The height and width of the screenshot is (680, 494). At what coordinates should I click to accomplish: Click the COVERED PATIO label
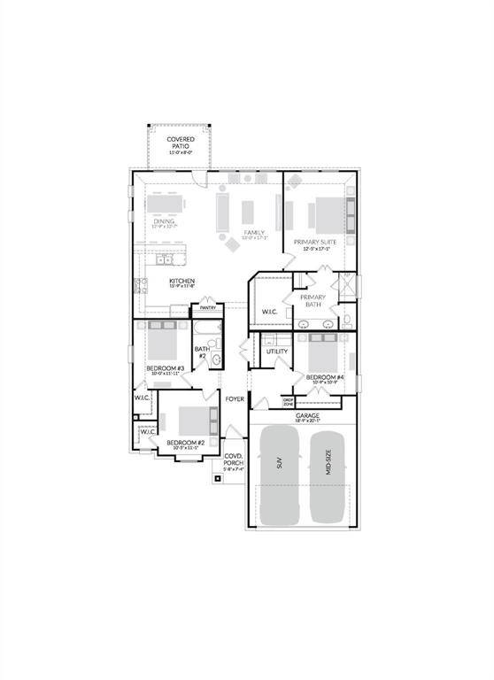(181, 143)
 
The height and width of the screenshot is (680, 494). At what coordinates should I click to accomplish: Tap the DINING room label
(164, 222)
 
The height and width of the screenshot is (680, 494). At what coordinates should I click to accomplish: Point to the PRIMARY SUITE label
(320, 244)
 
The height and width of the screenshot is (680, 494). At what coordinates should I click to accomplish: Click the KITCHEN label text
(181, 282)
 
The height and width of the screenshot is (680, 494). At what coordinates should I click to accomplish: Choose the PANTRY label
(208, 308)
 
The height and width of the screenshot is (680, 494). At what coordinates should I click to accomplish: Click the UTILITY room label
(277, 352)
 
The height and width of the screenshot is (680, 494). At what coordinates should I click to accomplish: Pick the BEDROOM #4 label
(323, 378)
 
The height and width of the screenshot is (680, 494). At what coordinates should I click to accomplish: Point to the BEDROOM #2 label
(185, 442)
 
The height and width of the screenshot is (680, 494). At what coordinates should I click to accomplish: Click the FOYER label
(234, 399)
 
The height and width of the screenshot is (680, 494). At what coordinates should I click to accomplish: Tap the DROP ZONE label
(289, 401)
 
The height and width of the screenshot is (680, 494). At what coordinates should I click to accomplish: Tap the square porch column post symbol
(217, 479)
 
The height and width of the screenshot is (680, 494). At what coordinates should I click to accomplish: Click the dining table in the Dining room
(166, 204)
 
